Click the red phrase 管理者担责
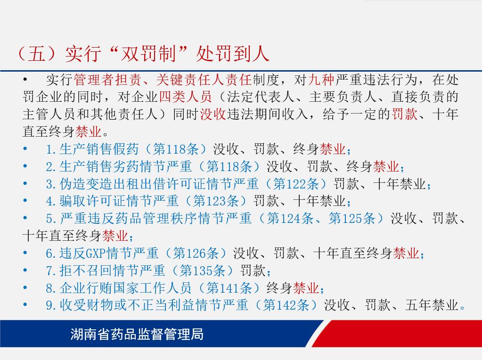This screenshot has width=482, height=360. pyautogui.click(x=107, y=80)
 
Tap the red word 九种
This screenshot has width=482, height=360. pyautogui.click(x=321, y=80)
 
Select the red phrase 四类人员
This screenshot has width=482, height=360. pyautogui.click(x=185, y=97)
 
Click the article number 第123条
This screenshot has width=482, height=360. pyautogui.click(x=216, y=201)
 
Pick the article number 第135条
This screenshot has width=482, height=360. pyautogui.click(x=203, y=271)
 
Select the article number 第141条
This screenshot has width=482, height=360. pyautogui.click(x=229, y=288)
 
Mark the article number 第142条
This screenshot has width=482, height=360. pyautogui.click(x=286, y=305)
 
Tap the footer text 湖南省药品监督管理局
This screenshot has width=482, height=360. pyautogui.click(x=137, y=334)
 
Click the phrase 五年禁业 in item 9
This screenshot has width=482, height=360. pyautogui.click(x=432, y=305)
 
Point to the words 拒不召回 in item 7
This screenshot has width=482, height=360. pyautogui.click(x=86, y=271)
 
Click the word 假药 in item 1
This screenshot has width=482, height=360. pyautogui.click(x=126, y=149)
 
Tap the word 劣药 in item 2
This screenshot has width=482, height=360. pyautogui.click(x=126, y=167)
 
